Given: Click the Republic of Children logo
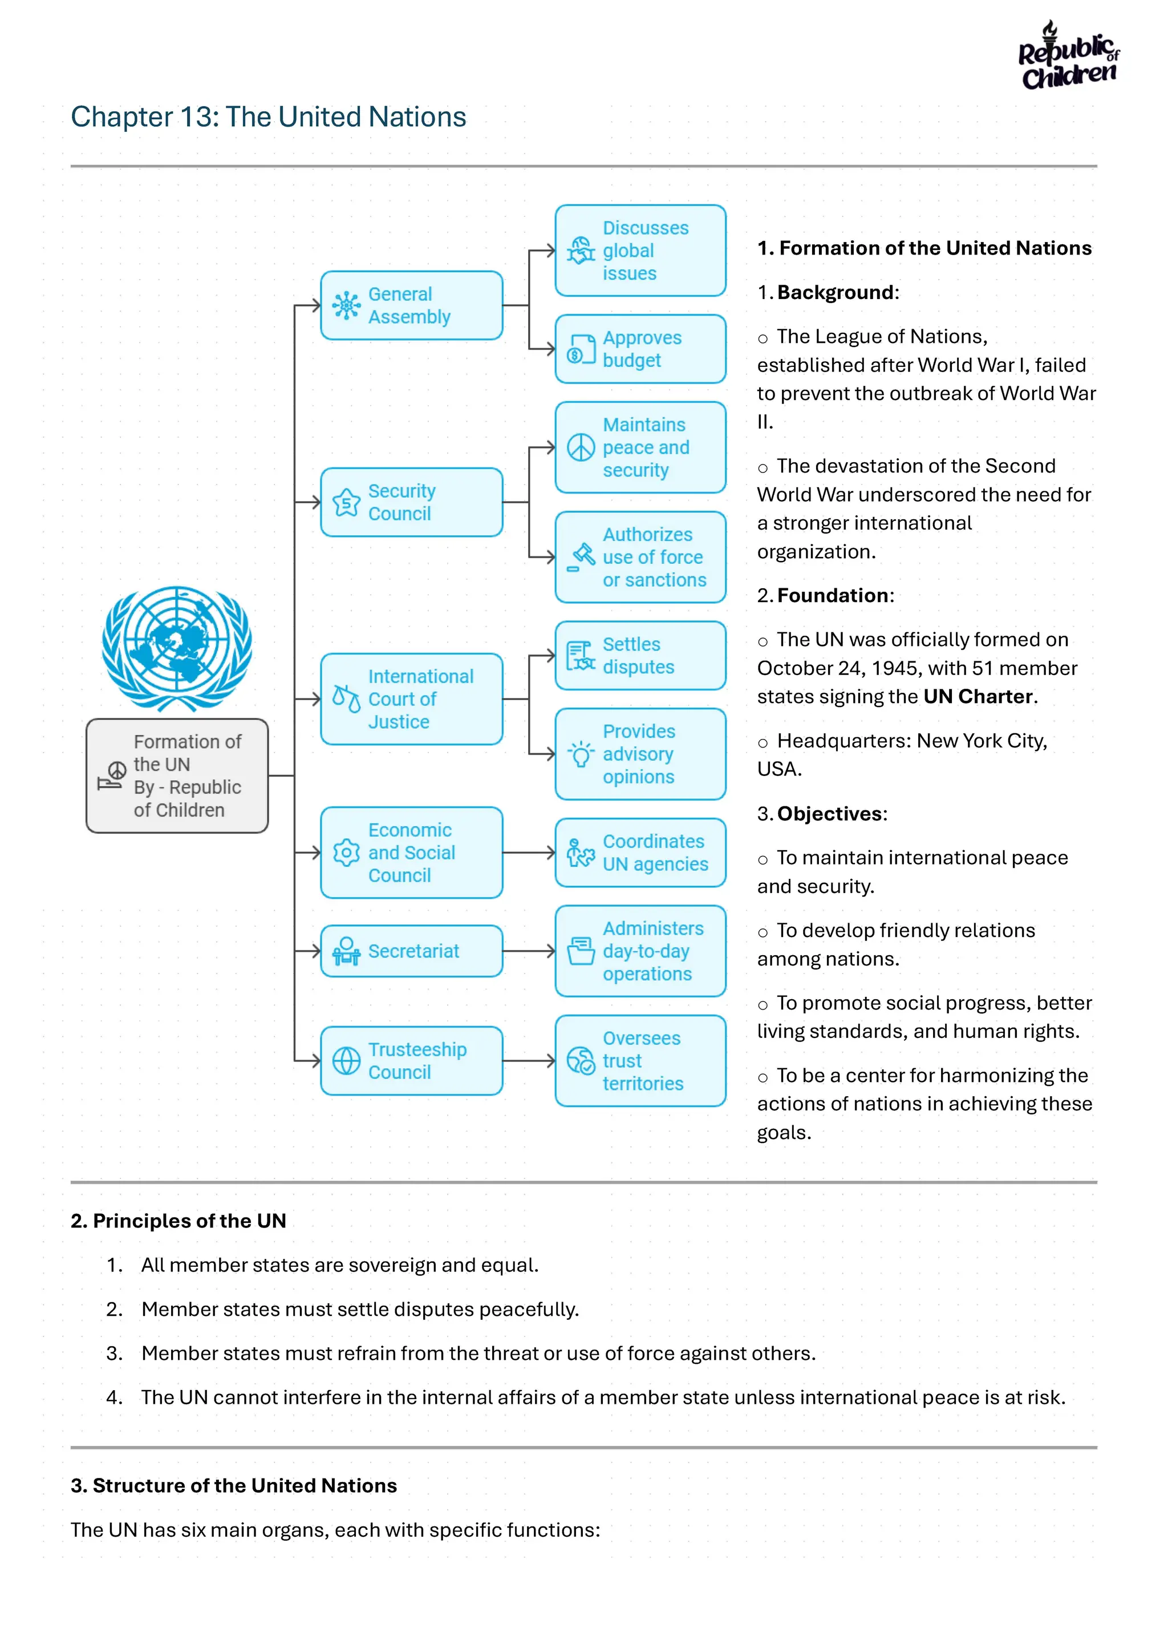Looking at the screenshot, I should coord(1069,56).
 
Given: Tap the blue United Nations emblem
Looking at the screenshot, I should coord(177,648).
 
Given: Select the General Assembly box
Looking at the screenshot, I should coord(411,305).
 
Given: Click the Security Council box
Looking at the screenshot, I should coord(411,502).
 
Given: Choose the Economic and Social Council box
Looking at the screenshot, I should coord(411,853).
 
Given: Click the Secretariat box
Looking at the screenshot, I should coord(411,951).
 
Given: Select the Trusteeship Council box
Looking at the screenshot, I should coord(411,1061).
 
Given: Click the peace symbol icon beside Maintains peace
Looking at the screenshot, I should coord(581,447).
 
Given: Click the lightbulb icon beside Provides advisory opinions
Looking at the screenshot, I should coord(581,754).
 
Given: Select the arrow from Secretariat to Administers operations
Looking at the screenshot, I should coord(529,951).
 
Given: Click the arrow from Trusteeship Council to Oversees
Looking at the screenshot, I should coord(529,1061).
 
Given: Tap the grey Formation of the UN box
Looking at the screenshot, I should coord(177,775).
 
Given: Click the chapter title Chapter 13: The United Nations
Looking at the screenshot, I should coord(268,116).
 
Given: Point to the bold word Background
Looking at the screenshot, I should coord(835,292).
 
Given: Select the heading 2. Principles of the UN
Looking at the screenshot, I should coord(179,1221).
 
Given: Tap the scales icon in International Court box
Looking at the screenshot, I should coord(346,698).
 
